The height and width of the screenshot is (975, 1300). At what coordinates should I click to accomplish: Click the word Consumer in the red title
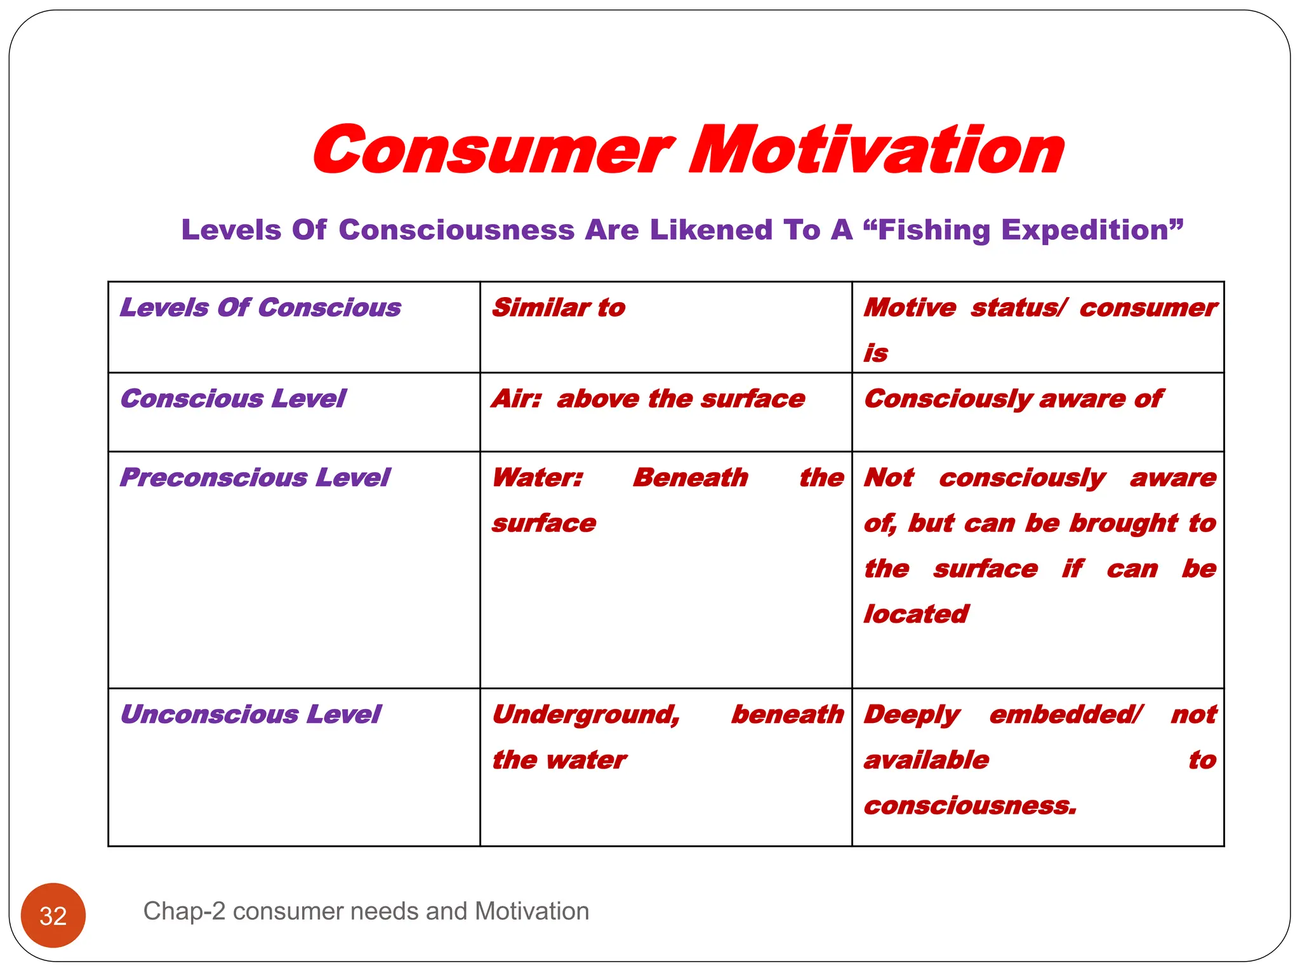[492, 150]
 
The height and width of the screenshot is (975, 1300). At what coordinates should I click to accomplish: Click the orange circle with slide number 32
[53, 915]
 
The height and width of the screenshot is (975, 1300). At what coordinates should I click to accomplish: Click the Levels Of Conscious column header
[260, 308]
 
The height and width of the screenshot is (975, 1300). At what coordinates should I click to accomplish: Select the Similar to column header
[559, 308]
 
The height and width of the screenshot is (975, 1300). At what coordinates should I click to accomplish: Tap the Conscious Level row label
[233, 399]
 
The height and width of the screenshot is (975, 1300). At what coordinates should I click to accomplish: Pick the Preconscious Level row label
[255, 477]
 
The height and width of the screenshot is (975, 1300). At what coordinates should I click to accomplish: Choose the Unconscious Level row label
[250, 714]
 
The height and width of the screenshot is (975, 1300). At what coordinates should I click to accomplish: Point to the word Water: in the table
[538, 477]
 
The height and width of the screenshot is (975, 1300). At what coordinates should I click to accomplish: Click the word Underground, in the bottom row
[586, 715]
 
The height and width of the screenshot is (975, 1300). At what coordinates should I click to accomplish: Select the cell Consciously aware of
[1013, 399]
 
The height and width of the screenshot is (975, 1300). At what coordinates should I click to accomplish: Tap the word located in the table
[916, 614]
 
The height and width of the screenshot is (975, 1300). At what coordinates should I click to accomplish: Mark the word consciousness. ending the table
[970, 806]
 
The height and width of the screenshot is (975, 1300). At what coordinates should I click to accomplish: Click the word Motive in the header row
[910, 308]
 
